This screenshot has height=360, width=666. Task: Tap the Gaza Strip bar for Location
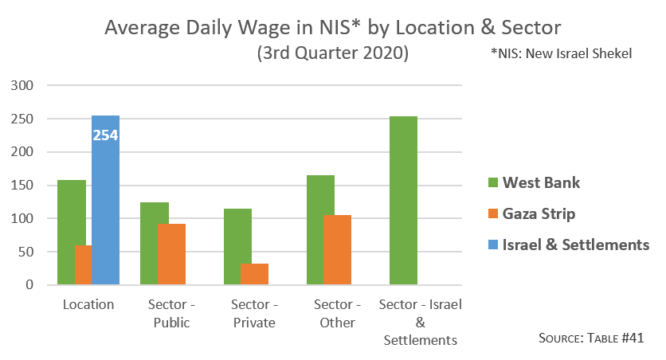pos(83,264)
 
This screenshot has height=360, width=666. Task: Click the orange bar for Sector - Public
pos(172,254)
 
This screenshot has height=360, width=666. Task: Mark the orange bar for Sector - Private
pos(255,274)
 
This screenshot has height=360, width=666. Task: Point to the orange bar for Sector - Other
pos(338,249)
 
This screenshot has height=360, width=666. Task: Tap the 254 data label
pos(105,135)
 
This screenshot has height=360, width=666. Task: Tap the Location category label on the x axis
pos(89,305)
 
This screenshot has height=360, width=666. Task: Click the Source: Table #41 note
pos(590,338)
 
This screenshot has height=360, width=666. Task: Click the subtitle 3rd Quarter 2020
pos(333,53)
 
